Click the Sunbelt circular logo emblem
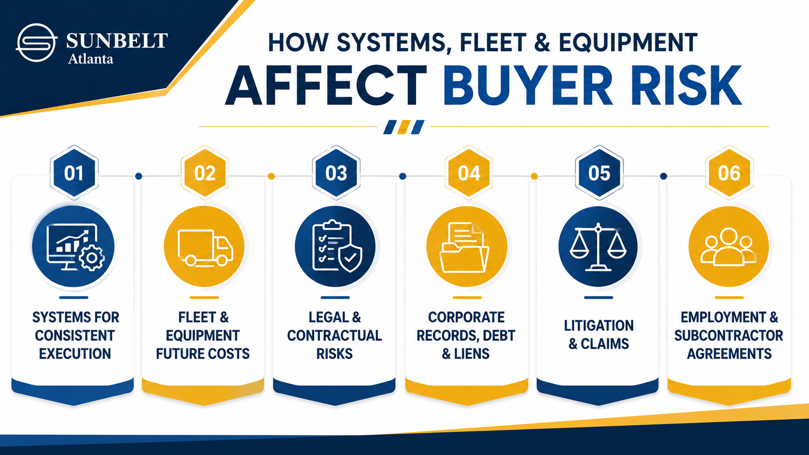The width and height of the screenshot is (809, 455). [x=36, y=43]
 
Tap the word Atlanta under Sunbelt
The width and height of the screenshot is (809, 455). [x=90, y=59]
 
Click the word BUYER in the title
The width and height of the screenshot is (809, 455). [x=528, y=86]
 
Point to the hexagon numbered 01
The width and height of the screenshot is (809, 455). [x=74, y=173]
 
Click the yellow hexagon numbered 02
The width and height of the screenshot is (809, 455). [x=205, y=173]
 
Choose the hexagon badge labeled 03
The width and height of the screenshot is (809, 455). [x=336, y=173]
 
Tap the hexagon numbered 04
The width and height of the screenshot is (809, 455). [x=469, y=173]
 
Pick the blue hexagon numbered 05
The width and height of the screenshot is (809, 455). [x=599, y=173]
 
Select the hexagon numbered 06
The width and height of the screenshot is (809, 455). [x=729, y=173]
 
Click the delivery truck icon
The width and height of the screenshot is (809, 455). [x=205, y=248]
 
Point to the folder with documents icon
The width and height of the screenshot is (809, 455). [x=465, y=247]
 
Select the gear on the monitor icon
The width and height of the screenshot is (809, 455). [x=92, y=258]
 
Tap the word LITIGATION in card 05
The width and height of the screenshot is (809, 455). [x=599, y=326]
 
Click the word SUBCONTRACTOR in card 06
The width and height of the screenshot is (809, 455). [x=729, y=336]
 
